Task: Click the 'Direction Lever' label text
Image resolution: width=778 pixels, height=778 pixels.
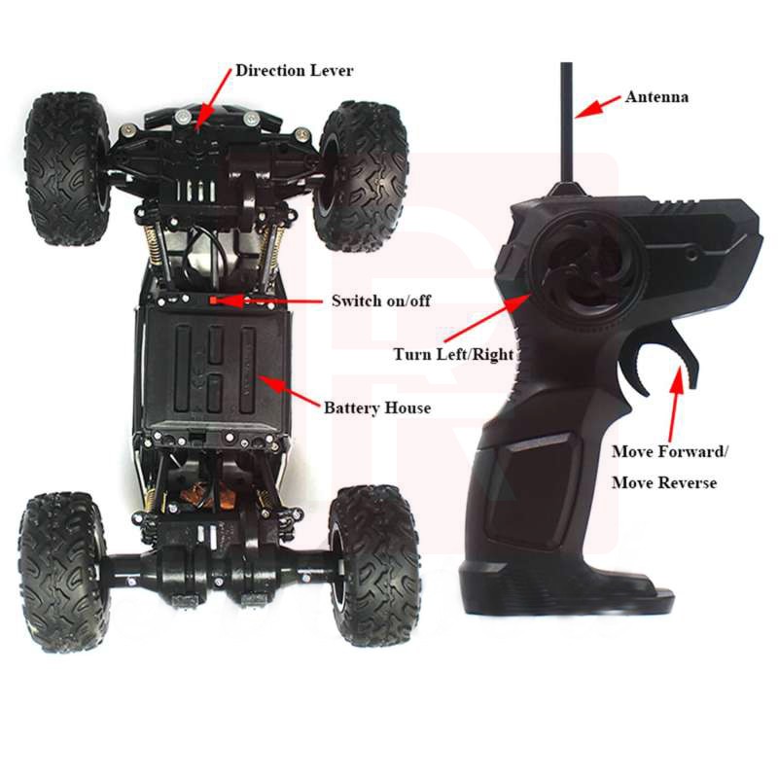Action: click(x=295, y=70)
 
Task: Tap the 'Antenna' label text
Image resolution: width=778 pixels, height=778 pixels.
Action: click(x=656, y=97)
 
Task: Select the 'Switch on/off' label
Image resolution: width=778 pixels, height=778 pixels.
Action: click(x=380, y=301)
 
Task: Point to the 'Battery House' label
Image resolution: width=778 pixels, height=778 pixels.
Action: click(x=376, y=407)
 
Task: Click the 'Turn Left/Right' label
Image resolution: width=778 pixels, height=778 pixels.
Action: click(x=453, y=354)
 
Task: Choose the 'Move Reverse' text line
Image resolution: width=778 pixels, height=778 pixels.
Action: click(x=663, y=482)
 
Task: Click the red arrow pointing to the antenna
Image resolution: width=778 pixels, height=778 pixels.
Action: click(x=599, y=105)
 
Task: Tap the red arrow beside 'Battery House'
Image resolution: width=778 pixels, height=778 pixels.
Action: click(x=287, y=393)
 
